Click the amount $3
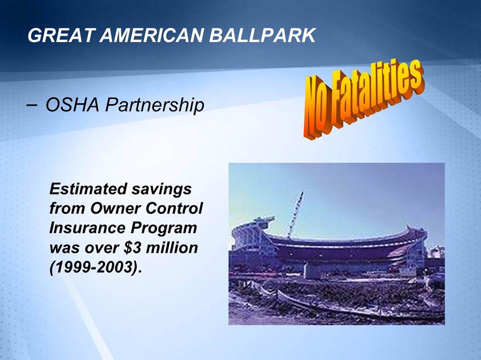tap(138, 247)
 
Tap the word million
tap(173, 247)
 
